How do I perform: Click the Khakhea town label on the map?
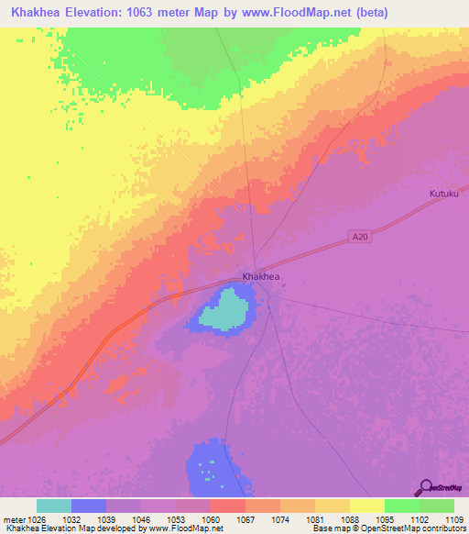pos(260,276)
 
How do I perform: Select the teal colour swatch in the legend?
pos(53,506)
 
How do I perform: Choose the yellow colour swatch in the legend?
pos(366,506)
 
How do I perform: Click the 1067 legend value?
pos(245,518)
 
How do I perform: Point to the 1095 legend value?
pos(385,518)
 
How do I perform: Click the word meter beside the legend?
pos(11,518)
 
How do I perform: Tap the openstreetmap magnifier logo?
pos(425,486)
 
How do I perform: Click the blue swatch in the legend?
pos(88,506)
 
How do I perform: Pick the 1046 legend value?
pos(141,518)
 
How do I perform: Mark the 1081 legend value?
pos(315,518)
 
